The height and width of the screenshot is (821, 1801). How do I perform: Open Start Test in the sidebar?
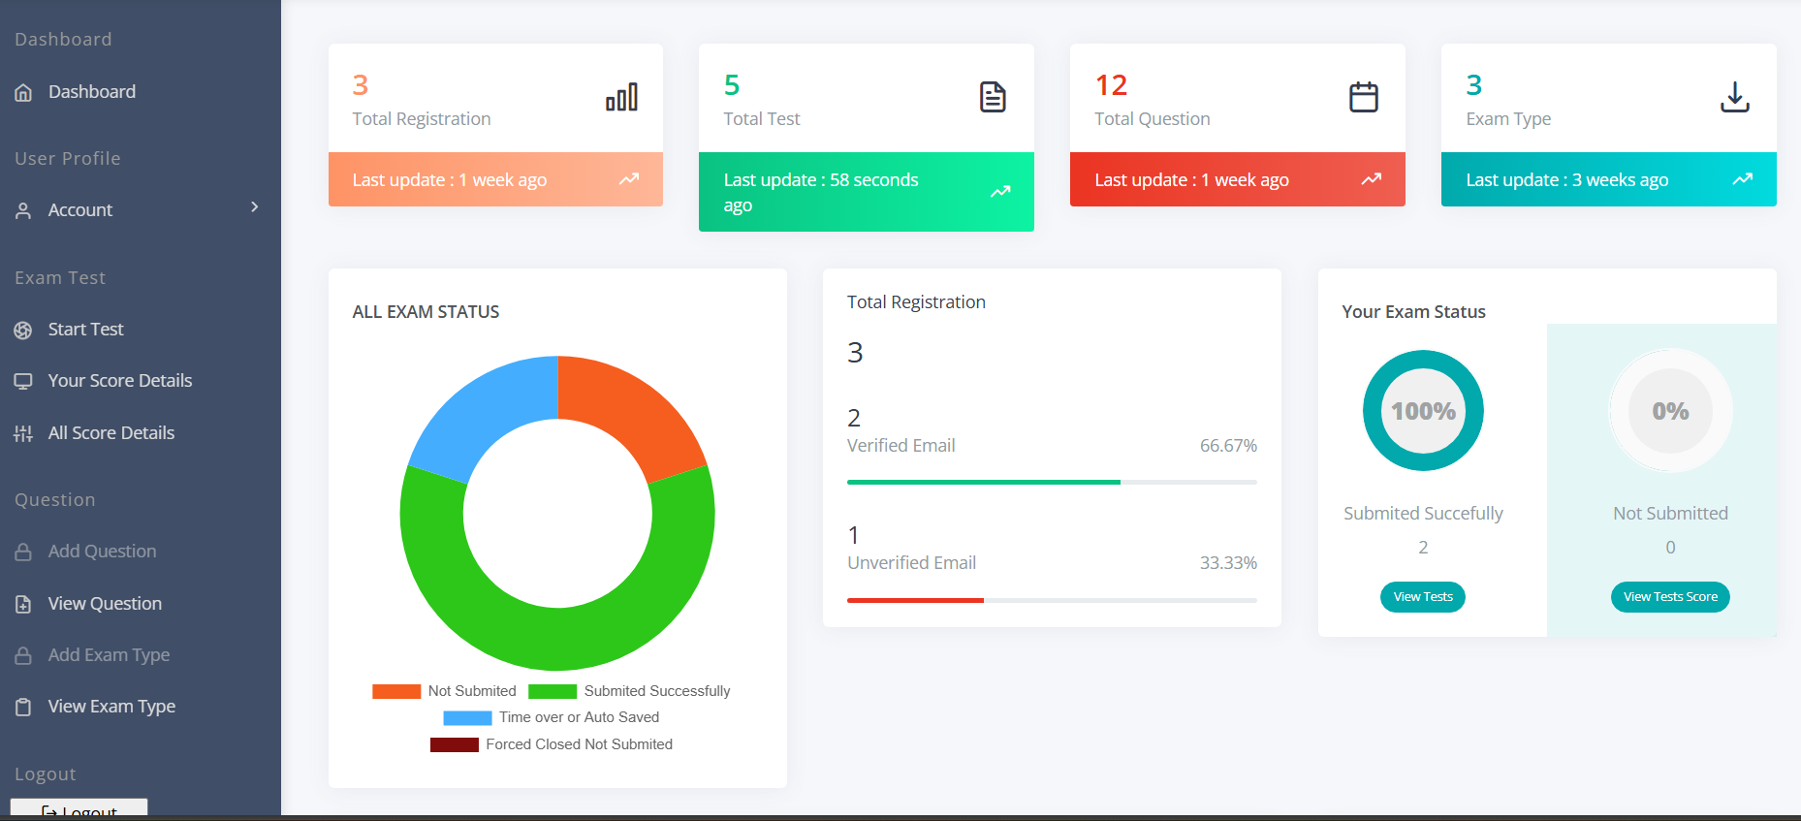(x=85, y=330)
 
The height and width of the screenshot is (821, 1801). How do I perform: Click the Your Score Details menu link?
(x=119, y=381)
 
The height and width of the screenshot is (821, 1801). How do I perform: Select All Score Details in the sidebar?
(x=111, y=433)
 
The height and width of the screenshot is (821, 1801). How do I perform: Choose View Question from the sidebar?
(x=105, y=604)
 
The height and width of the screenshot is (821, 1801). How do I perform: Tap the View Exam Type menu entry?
(x=111, y=707)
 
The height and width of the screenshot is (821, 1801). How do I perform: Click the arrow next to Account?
(x=255, y=207)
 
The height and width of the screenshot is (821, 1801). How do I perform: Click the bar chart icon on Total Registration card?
(x=621, y=97)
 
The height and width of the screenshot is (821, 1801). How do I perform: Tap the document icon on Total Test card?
(x=993, y=97)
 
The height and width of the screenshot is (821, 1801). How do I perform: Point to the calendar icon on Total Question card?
(x=1363, y=97)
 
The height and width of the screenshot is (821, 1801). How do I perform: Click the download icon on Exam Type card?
(x=1734, y=97)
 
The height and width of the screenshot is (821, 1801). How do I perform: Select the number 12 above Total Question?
(x=1111, y=85)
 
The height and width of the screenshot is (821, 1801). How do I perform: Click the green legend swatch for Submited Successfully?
(x=553, y=691)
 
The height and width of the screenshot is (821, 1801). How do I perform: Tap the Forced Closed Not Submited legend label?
(x=579, y=744)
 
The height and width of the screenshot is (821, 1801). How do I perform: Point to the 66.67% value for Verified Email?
(x=1228, y=446)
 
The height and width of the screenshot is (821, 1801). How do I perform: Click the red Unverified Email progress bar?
(x=915, y=600)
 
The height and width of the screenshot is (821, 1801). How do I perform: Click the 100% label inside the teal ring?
(x=1423, y=412)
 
